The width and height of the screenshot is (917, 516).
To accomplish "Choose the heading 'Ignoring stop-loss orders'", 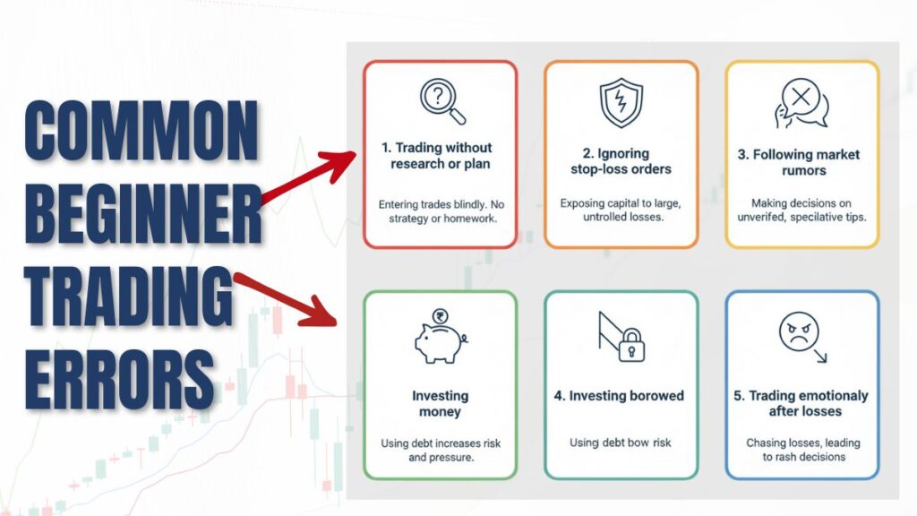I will pos(621,161).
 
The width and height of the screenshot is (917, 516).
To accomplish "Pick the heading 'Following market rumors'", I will pos(799,161).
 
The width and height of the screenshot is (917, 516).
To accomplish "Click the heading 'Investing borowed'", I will pos(621,396).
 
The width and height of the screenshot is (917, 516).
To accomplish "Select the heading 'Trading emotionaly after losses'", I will pos(801,403).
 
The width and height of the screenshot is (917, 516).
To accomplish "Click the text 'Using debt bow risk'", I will pos(621,443).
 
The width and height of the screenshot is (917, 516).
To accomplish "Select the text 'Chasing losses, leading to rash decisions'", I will pos(801,450).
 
